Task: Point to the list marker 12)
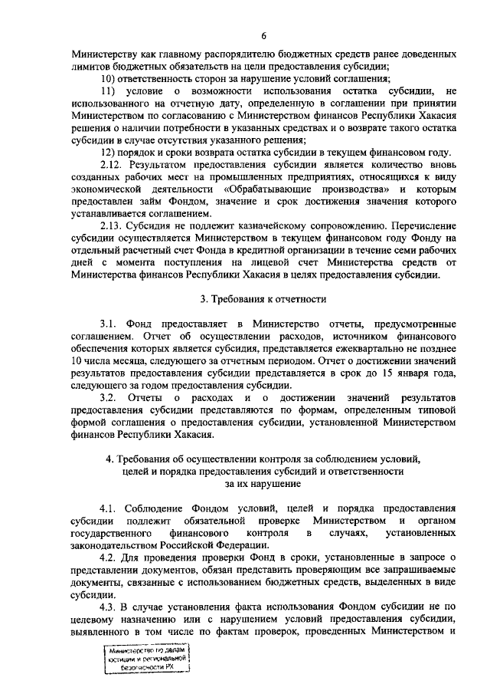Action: (x=109, y=153)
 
